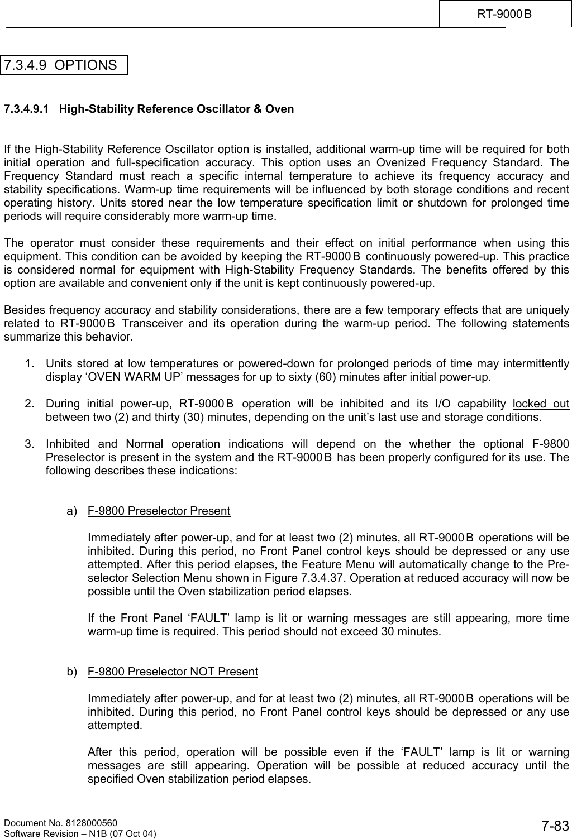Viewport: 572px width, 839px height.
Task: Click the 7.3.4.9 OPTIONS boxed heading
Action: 64,65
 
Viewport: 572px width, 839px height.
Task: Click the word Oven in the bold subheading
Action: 280,109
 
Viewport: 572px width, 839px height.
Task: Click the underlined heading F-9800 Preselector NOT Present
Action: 173,672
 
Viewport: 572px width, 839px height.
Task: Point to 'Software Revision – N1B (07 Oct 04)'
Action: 80,833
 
